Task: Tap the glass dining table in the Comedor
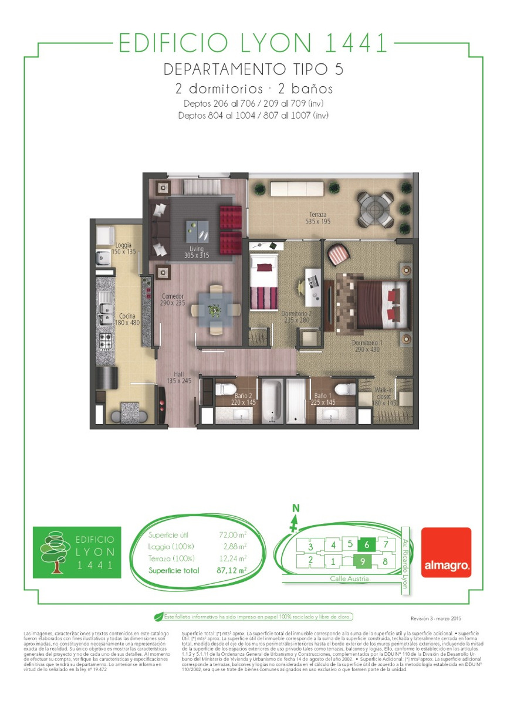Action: [x=216, y=309]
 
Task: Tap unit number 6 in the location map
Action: [x=366, y=544]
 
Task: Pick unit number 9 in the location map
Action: [x=364, y=561]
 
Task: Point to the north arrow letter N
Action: [x=296, y=507]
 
